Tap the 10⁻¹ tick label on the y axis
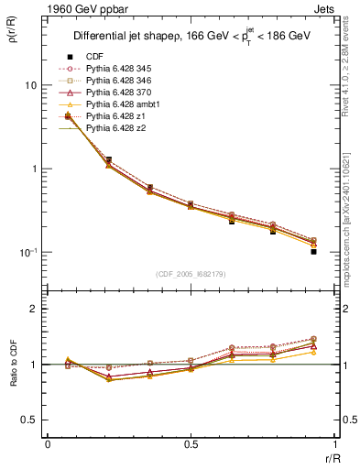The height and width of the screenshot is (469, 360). (27, 252)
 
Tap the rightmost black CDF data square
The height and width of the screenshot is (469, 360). (312, 251)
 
